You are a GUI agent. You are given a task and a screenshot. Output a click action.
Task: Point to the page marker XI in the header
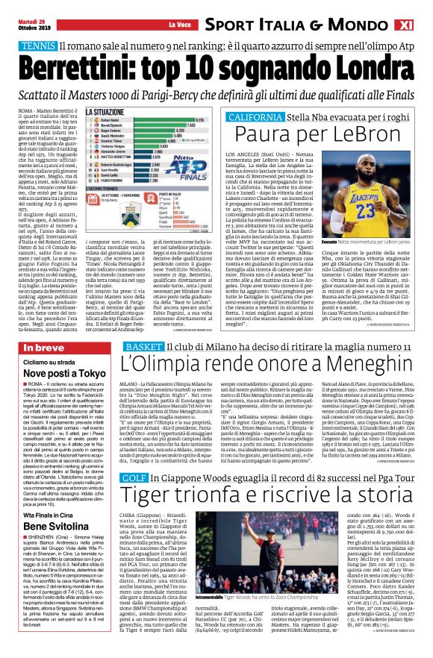[421, 25]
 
